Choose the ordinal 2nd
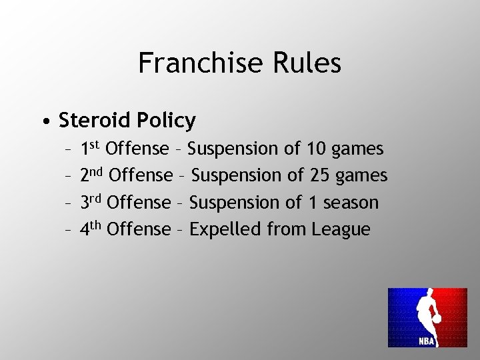coord(91,175)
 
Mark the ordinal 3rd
coord(90,201)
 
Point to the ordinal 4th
coord(90,229)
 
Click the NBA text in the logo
coord(427,341)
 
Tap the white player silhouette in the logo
coord(427,310)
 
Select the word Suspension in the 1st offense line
coord(235,149)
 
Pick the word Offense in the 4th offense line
coord(139,229)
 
